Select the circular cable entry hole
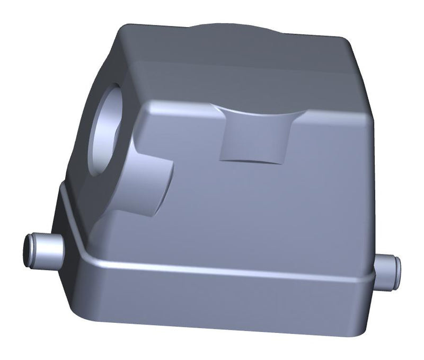(109, 127)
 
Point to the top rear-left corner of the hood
(127, 27)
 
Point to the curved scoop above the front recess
(254, 111)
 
